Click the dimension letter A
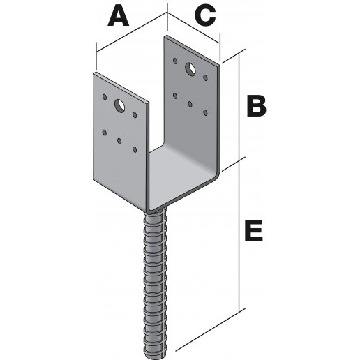pos(119,16)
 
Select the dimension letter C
pos(205,16)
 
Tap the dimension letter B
pos(256,105)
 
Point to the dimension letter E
pos(254,231)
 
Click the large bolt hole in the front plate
pos(120,106)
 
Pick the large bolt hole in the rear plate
pos(190,69)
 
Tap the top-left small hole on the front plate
pos(105,97)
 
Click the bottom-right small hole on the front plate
pos(135,149)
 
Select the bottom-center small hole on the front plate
pos(119,141)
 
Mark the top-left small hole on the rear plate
pos(175,61)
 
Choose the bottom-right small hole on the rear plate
pos(205,113)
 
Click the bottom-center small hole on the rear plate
pos(190,104)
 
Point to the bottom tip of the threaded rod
pos(156,358)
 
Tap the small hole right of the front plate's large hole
pos(135,114)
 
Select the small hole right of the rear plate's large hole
pos(205,77)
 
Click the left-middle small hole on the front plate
pos(105,133)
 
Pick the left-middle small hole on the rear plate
pos(175,96)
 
